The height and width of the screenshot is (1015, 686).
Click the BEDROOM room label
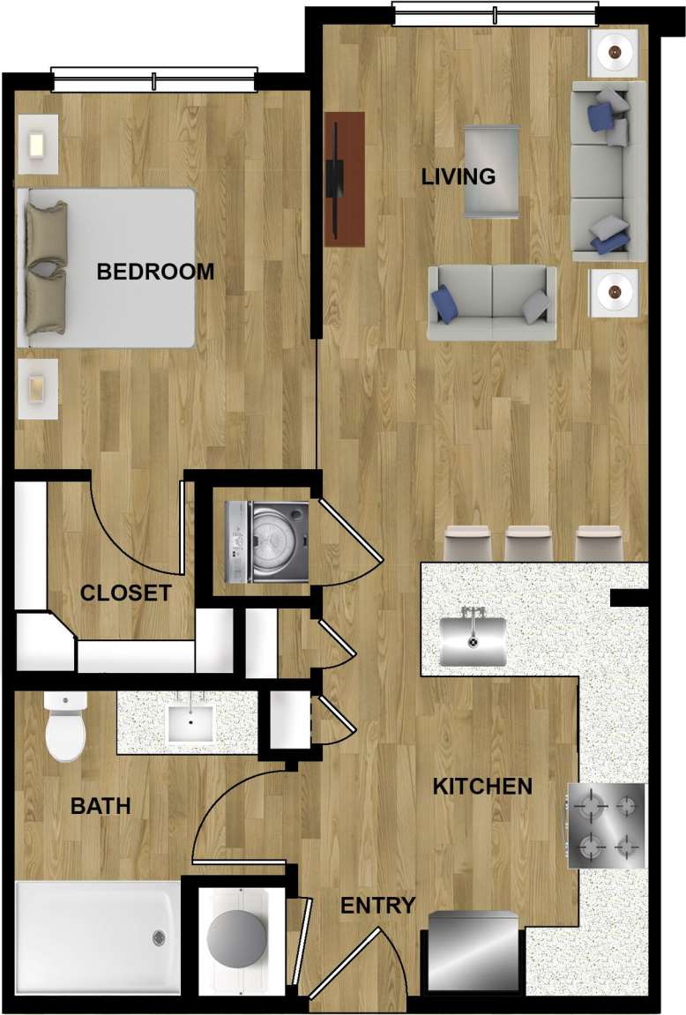pyautogui.click(x=155, y=272)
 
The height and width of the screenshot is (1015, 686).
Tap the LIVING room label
pyautogui.click(x=458, y=176)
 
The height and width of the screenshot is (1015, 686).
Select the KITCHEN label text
pyautogui.click(x=482, y=787)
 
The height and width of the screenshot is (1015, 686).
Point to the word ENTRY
pyautogui.click(x=377, y=906)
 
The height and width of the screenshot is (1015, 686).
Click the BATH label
pyautogui.click(x=101, y=806)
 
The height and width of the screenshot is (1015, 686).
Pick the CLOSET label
pyautogui.click(x=125, y=593)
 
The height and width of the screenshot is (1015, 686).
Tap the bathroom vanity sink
pyautogui.click(x=190, y=721)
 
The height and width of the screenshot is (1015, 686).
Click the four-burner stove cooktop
pyautogui.click(x=607, y=825)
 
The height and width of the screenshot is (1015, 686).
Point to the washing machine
pyautogui.click(x=266, y=541)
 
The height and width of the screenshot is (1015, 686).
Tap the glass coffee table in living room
pyautogui.click(x=491, y=171)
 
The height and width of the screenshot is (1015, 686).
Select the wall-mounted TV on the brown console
pyautogui.click(x=334, y=177)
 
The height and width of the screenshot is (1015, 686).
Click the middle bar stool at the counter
pyautogui.click(x=527, y=542)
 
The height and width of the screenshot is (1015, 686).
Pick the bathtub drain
pyautogui.click(x=159, y=937)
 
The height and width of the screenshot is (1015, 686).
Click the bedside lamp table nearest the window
pyautogui.click(x=38, y=143)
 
